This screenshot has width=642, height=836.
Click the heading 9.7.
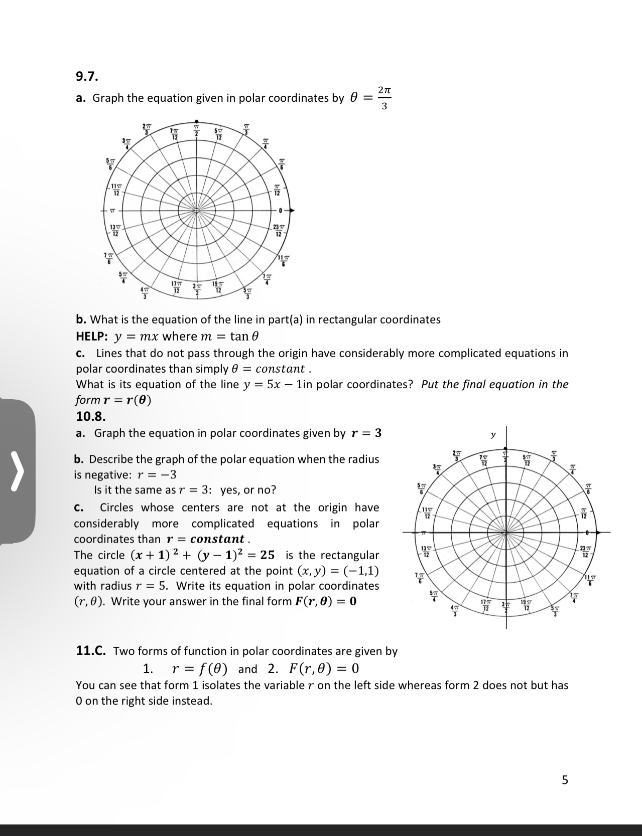(87, 77)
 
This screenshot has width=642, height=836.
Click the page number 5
(565, 780)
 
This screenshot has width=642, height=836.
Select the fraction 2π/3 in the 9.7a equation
(384, 98)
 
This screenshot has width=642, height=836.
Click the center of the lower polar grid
(506, 532)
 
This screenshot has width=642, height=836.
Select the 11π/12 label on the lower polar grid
(427, 514)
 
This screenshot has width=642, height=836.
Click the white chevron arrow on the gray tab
(18, 471)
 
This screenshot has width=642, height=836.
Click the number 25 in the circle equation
(267, 555)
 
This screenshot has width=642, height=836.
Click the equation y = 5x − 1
(272, 385)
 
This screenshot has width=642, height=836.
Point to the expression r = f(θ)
(200, 668)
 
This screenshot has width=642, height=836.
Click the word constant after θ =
(280, 369)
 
